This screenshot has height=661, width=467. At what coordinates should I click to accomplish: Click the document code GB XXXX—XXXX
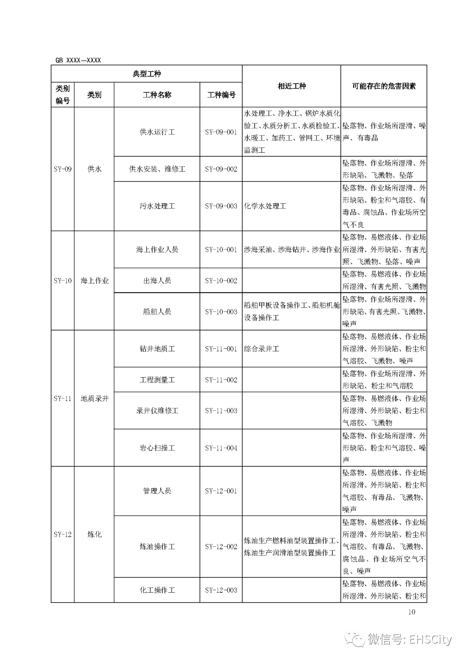78,60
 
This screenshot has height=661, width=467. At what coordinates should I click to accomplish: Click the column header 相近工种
292,86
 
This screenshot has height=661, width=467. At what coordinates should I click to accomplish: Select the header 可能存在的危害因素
383,86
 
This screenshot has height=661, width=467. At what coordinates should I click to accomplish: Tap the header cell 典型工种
146,74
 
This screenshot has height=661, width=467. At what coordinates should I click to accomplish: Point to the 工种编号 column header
221,95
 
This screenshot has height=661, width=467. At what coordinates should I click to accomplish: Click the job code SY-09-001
221,132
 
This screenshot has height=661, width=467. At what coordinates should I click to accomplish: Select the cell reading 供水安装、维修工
157,169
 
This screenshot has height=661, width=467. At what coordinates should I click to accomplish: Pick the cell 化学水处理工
265,206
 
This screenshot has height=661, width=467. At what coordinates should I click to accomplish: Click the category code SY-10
63,280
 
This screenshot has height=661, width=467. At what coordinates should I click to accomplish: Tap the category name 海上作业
94,280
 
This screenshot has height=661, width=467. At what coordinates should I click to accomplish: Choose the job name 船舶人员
157,312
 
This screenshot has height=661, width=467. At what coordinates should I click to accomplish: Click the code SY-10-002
221,280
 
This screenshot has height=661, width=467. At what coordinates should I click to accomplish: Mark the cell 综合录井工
261,349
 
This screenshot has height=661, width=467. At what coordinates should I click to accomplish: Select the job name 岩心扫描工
157,448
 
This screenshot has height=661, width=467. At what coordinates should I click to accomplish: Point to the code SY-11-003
221,410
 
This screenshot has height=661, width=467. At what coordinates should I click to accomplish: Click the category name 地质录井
94,398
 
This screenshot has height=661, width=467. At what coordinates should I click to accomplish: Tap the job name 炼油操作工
157,547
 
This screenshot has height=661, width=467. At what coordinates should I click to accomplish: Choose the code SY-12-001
221,491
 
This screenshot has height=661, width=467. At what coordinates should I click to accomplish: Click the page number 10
412,612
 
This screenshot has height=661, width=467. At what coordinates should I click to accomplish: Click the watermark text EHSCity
430,639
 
